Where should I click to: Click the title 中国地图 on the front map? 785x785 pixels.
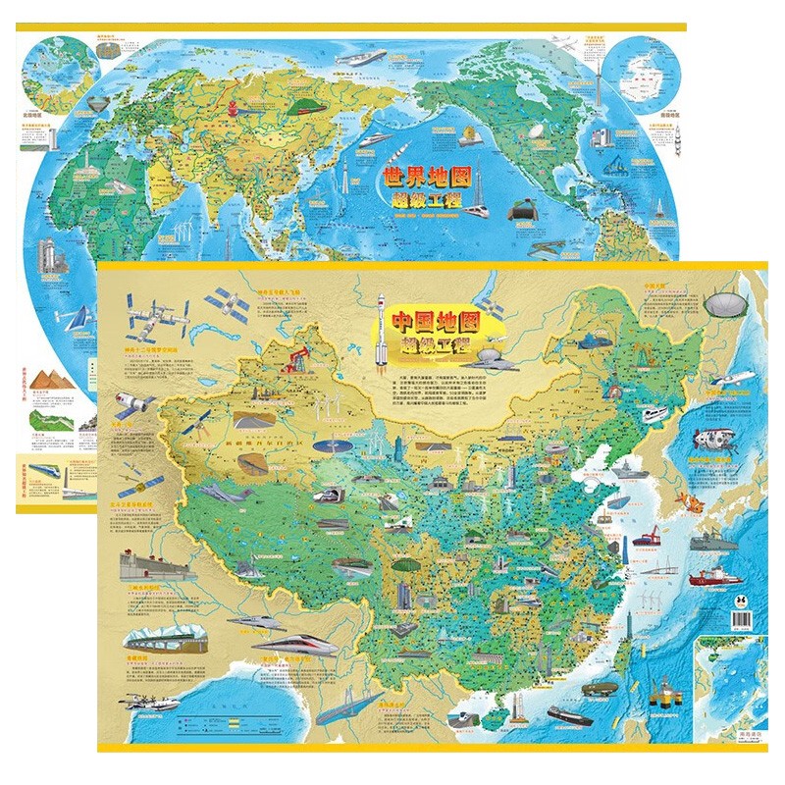tap(436, 322)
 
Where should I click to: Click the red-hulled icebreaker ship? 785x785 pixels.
tap(715, 577)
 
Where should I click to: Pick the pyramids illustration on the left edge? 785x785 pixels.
tap(48, 377)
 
